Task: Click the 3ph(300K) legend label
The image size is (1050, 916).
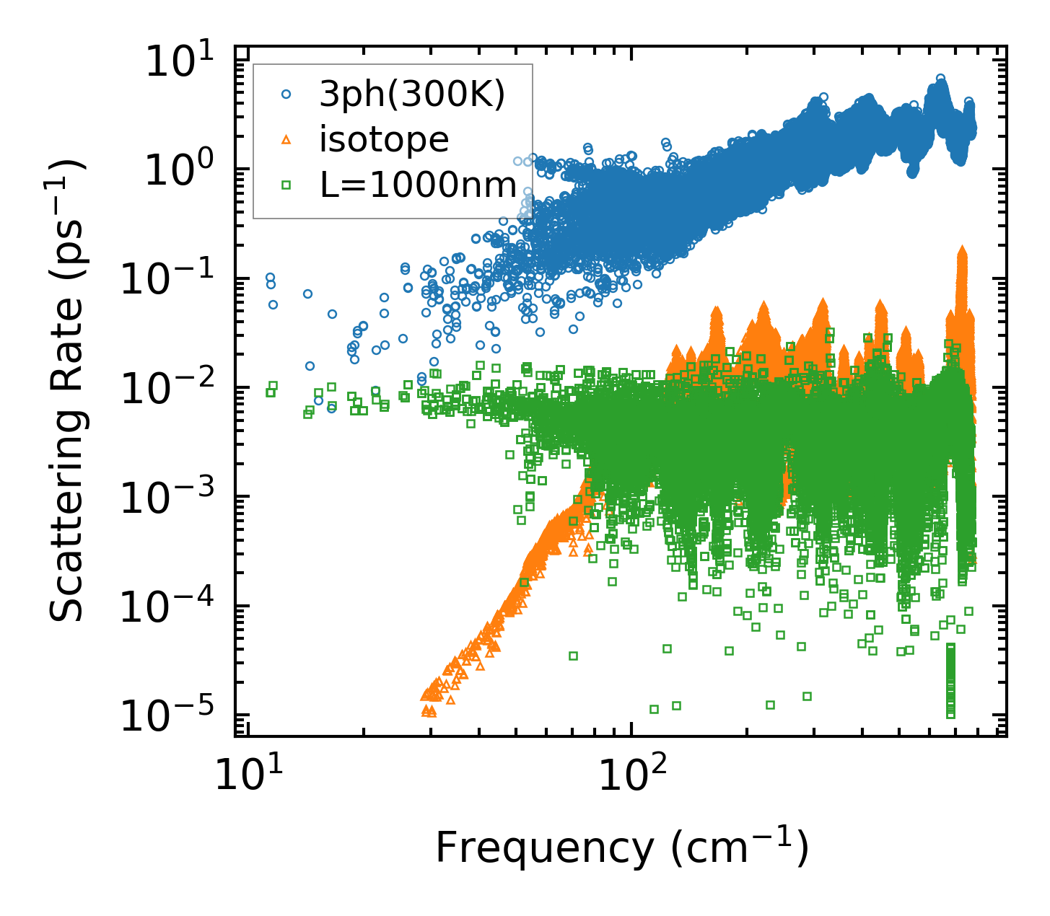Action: [x=412, y=94]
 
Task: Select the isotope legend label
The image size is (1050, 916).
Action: [x=384, y=140]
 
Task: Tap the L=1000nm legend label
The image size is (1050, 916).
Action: [x=419, y=185]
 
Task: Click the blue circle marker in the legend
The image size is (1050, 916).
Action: [x=286, y=94]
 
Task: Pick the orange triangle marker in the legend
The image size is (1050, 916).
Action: [x=286, y=140]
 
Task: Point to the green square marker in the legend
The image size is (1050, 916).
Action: [x=286, y=185]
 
